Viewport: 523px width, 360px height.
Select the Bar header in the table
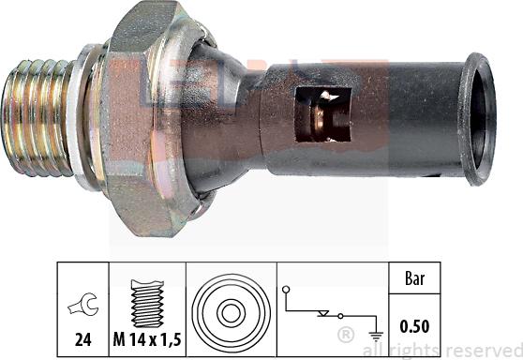point(412,278)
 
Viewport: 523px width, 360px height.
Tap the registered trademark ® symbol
point(345,334)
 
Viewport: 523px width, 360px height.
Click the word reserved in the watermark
point(484,350)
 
